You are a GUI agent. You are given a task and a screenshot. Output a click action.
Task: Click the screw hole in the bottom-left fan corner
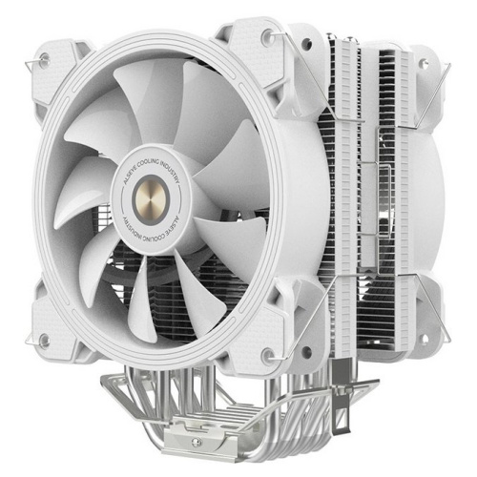tap(44, 341)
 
